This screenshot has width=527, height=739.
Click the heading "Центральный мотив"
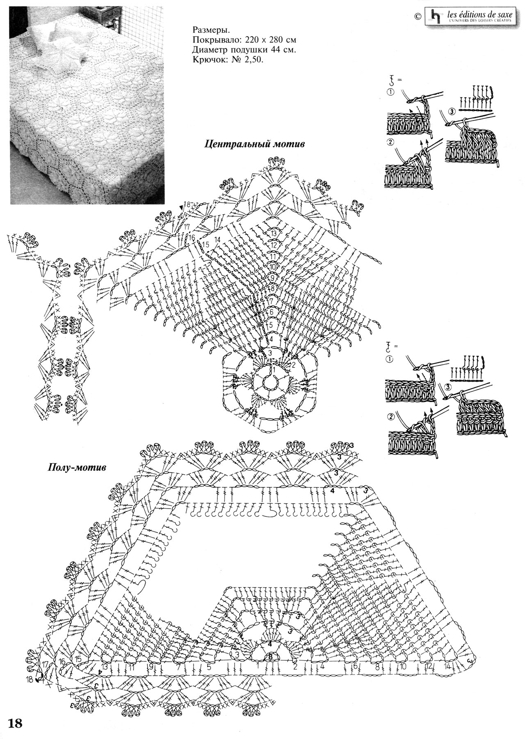pyautogui.click(x=254, y=145)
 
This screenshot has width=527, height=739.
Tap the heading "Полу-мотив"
pyautogui.click(x=78, y=467)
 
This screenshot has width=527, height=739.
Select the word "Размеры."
pyautogui.click(x=211, y=30)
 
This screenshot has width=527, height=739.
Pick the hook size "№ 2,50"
pyautogui.click(x=249, y=60)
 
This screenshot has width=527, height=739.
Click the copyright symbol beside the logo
pyautogui.click(x=417, y=16)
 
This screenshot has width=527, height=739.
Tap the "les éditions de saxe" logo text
pyautogui.click(x=480, y=14)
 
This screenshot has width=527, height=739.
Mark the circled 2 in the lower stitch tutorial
pyautogui.click(x=390, y=416)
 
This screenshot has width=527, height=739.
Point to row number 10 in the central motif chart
pyautogui.click(x=273, y=267)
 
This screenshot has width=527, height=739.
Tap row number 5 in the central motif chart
pyautogui.click(x=271, y=325)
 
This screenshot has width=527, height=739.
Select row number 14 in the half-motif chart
pyautogui.click(x=447, y=667)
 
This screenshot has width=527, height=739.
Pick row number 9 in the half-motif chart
pyautogui.click(x=151, y=667)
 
